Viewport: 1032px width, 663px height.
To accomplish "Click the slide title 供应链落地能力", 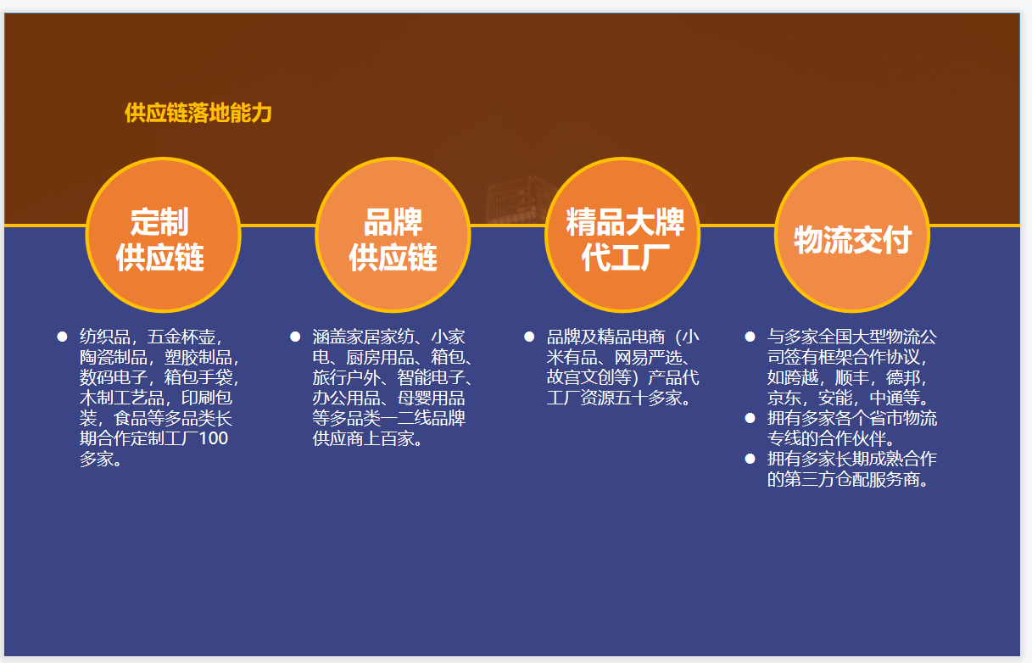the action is point(198,113).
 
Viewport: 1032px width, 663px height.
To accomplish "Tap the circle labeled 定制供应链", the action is point(163,235).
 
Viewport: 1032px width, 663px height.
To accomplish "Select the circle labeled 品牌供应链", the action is point(393,235).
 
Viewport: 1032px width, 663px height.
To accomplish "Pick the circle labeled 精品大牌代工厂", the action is point(622,235).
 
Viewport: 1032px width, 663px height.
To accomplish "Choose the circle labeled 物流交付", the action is point(852,235).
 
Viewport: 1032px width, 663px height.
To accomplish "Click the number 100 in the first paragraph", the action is point(214,438).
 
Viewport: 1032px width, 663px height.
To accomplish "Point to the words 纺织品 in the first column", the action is point(105,337).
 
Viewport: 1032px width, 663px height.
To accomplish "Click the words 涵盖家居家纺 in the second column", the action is point(364,337).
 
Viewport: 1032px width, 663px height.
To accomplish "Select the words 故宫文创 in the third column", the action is point(581,377).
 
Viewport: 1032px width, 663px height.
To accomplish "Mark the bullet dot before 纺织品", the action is point(62,337).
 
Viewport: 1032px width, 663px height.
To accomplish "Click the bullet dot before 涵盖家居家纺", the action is point(295,337).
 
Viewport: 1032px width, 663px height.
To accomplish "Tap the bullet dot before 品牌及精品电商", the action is point(529,337).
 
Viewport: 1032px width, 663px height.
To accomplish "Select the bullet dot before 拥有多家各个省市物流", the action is point(750,418).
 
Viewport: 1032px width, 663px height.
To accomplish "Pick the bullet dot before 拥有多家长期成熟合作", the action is point(750,459).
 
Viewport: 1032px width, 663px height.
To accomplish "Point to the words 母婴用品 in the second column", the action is point(432,398).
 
